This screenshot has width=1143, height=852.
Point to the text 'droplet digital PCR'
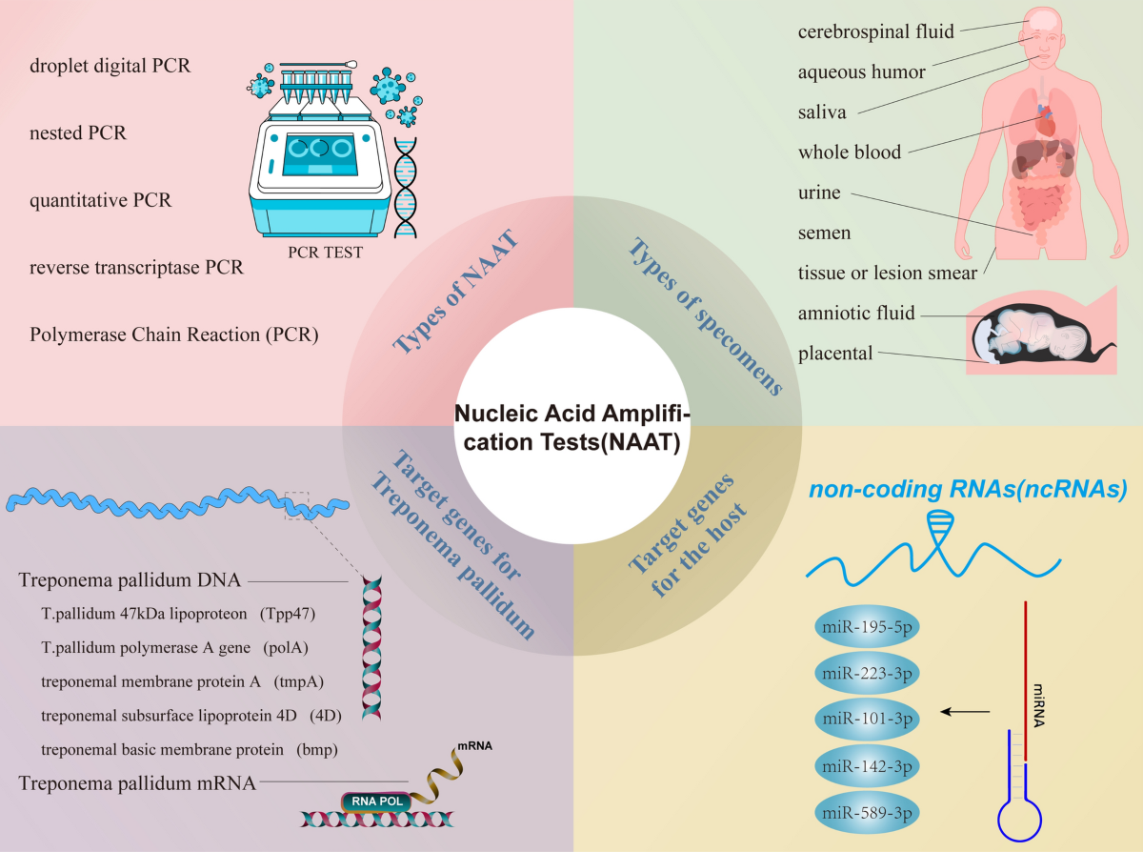110,67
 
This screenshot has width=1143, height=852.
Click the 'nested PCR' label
78,133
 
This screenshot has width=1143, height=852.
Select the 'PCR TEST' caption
325,253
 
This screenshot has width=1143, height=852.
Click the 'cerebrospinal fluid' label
875,31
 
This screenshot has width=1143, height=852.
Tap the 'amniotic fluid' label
856,313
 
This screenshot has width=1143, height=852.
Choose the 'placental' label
835,354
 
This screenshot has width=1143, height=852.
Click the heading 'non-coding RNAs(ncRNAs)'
968,491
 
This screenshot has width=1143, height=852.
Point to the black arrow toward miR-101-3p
964,711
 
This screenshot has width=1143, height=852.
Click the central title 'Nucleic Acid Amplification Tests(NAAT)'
571,428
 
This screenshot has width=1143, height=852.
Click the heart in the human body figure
1046,118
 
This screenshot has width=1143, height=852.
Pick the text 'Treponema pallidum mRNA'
137,783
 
